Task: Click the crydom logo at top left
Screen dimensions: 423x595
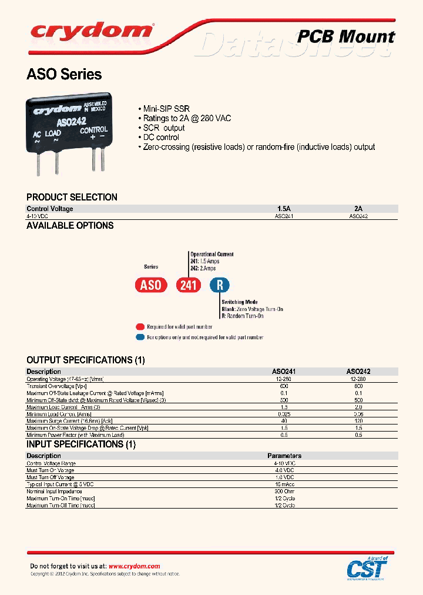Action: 91,31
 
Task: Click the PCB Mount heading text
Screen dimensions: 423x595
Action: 345,36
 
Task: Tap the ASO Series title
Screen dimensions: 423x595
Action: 64,75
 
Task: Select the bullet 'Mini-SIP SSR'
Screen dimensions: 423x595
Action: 166,109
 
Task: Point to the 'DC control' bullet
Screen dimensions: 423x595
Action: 161,137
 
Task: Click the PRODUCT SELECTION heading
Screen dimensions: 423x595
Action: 72,197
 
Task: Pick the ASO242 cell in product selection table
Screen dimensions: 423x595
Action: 358,216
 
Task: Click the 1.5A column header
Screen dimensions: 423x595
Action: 284,209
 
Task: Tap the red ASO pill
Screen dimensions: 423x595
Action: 151,286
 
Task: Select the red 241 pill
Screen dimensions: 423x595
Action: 189,286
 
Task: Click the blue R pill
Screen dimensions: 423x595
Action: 220,286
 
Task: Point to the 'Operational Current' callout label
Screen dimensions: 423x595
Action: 211,254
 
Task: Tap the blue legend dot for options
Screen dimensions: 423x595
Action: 139,337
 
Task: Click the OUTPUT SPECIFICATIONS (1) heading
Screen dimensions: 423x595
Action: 86,360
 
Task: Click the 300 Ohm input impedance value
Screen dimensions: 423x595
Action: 284,491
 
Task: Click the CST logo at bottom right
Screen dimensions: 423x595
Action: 367,568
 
